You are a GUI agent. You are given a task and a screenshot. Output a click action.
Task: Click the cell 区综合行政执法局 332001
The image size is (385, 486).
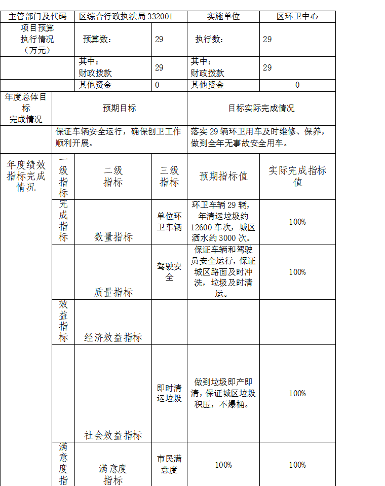coord(126,16)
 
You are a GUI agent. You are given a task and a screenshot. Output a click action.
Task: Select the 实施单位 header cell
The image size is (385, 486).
coord(223,16)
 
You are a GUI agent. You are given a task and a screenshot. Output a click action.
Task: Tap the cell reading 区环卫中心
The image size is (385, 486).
coord(297,16)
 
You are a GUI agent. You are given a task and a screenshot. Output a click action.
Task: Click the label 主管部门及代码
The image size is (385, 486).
coord(37,16)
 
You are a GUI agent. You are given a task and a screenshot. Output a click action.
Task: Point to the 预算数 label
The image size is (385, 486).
coord(97,39)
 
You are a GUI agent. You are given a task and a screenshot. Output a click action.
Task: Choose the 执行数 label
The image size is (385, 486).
coord(209,39)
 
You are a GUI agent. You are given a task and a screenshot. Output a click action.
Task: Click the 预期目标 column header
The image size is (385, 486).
coord(119,108)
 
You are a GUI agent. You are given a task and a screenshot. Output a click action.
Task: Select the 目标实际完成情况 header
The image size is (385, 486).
coord(261,108)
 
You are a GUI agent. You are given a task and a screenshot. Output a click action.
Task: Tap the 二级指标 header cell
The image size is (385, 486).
coord(113,176)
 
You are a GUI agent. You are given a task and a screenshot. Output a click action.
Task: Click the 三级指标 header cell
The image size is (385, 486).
coord(169,176)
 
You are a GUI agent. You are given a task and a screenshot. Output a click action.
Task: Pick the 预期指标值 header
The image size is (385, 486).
coord(223,176)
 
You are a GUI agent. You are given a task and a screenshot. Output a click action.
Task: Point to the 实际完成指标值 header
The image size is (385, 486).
coord(297,176)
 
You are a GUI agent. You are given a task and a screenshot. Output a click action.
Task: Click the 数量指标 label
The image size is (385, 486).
coord(113,237)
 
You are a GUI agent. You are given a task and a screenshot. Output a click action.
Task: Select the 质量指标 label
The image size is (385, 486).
coord(113,292)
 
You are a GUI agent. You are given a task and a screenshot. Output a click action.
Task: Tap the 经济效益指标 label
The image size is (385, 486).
coord(113,337)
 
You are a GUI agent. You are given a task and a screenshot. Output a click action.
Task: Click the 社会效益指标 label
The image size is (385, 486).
coord(113,435)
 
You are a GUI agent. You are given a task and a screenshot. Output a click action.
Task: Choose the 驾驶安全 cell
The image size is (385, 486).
coord(169,271)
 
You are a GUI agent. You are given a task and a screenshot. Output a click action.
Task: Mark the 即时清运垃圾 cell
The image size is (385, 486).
coord(169,393)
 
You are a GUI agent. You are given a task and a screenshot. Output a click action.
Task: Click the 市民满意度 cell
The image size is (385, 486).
coord(169,464)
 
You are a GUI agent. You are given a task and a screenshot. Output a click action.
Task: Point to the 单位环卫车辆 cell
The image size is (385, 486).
coord(169,221)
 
